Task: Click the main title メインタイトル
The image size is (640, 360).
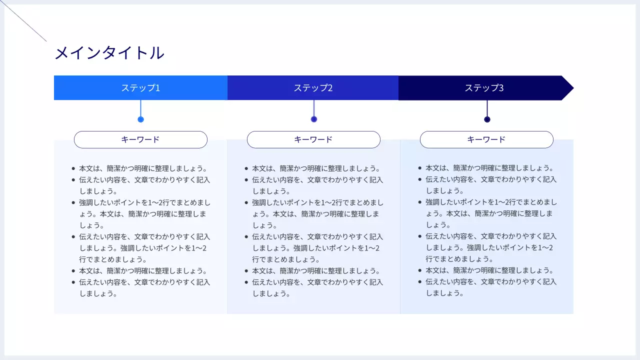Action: click(x=109, y=53)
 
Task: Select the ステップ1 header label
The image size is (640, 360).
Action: click(x=140, y=88)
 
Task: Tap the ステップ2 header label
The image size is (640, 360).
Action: click(x=313, y=88)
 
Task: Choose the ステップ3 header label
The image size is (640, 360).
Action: click(x=484, y=88)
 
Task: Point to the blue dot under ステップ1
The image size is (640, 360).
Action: click(x=140, y=119)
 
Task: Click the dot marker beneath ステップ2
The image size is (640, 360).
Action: click(x=314, y=119)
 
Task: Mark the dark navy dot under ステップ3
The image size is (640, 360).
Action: click(x=487, y=119)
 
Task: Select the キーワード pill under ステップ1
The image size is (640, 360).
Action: click(x=140, y=139)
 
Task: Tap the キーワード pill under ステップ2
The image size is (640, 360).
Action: click(x=313, y=139)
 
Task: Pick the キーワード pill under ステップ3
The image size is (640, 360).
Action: click(x=486, y=139)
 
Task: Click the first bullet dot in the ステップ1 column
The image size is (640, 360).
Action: click(x=73, y=169)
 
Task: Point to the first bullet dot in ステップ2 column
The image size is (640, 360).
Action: click(x=246, y=169)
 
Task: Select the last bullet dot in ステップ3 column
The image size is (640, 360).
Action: click(x=419, y=282)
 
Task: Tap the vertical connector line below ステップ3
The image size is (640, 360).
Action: click(x=487, y=108)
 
